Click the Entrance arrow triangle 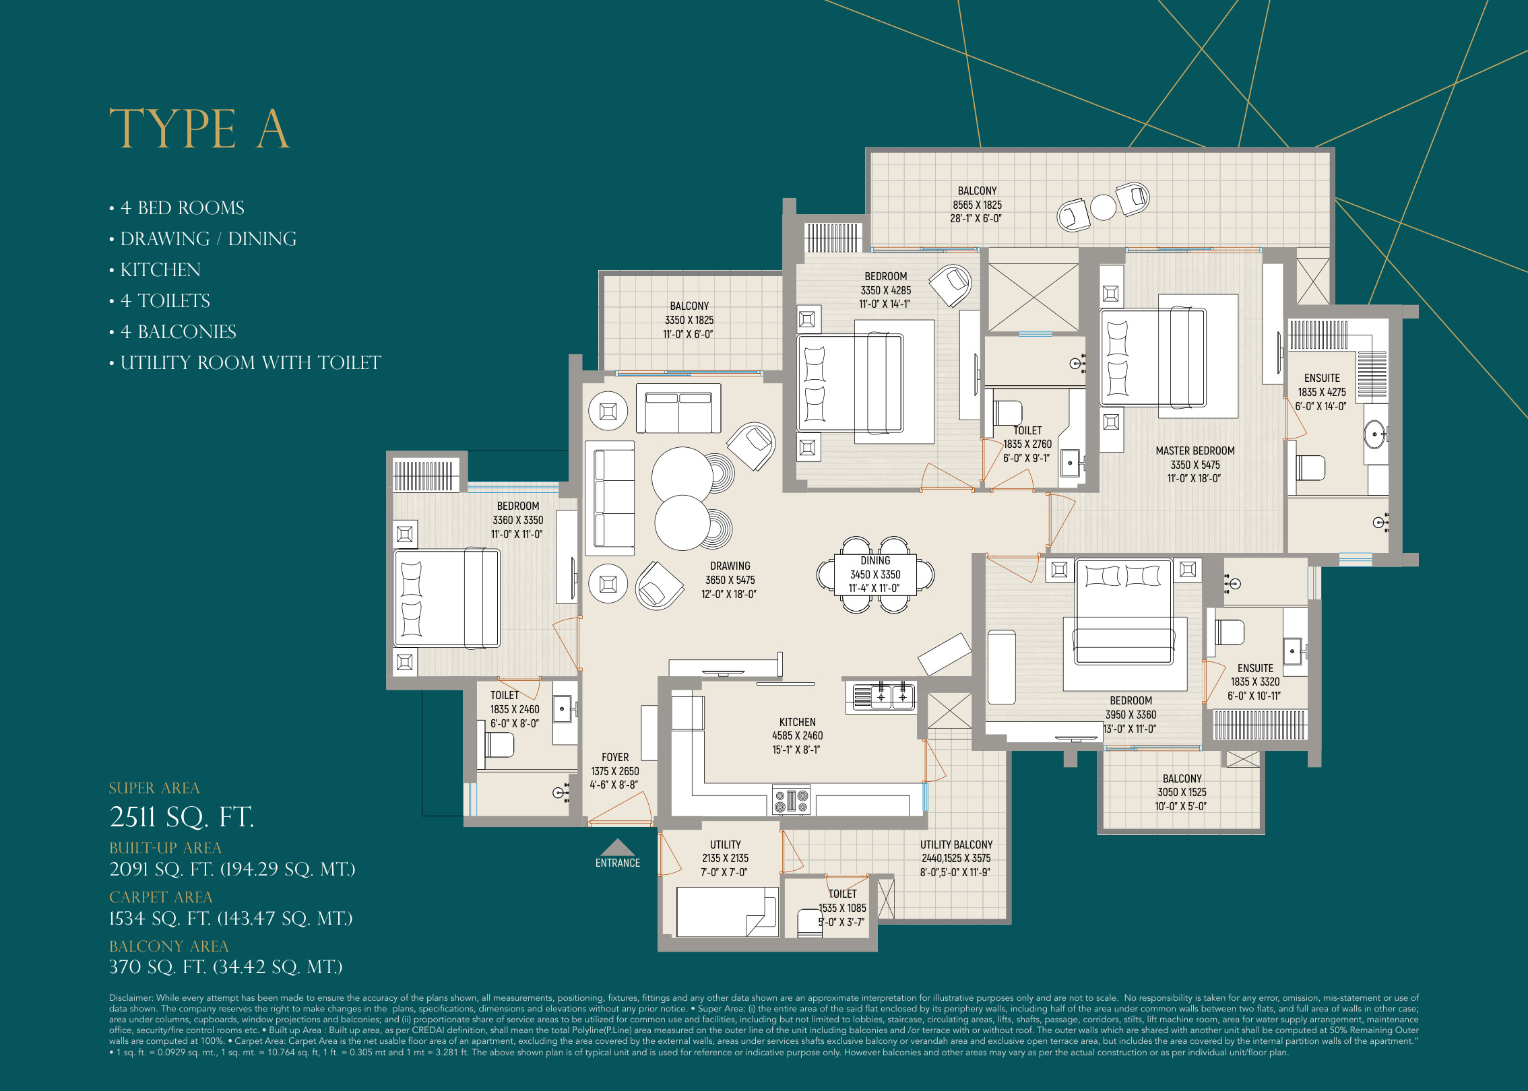point(617,847)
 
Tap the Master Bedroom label point(1195,451)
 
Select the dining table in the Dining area point(875,574)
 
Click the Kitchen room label point(797,722)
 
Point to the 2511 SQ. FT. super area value point(181,817)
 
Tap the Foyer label point(614,757)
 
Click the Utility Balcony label point(956,845)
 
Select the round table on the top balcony point(1103,207)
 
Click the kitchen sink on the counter point(881,697)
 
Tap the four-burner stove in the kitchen point(791,801)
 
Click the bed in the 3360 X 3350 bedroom point(447,598)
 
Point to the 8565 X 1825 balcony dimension point(977,205)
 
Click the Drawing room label point(730,566)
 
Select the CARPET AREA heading point(160,897)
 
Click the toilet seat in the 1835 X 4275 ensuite point(1310,468)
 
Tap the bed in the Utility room point(726,911)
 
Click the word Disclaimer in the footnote point(131,998)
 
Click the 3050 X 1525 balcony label point(1182,792)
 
